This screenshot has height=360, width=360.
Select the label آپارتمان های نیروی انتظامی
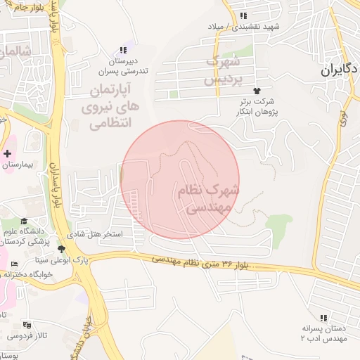[x=115, y=106]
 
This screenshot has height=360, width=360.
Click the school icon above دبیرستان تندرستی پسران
[x=123, y=50]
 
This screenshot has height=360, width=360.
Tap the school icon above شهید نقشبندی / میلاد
[x=243, y=15]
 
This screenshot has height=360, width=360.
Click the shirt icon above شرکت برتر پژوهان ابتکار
[x=257, y=91]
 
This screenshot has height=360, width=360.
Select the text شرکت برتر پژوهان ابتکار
[x=259, y=106]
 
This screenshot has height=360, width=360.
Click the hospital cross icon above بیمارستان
[x=8, y=153]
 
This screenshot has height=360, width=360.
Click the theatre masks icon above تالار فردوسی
[x=27, y=325]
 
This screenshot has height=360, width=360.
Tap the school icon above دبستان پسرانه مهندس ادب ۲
[x=323, y=318]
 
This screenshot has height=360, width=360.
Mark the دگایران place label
[x=340, y=70]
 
